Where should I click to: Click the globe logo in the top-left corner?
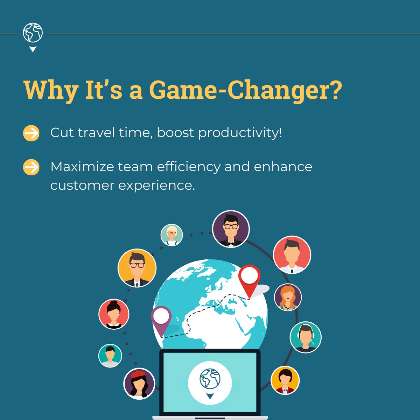point(33,33)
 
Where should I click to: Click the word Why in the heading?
point(51,90)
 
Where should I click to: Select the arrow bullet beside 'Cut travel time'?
point(31,133)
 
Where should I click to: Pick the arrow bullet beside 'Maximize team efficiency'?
point(31,167)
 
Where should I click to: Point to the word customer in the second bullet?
point(82,185)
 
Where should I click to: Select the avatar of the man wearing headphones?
point(306,337)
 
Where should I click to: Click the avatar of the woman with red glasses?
point(171,234)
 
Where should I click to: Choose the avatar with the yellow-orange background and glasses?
point(137,268)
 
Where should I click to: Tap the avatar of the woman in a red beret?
point(139,384)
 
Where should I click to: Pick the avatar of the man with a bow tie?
point(231,229)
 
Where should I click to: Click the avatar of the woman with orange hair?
point(288,297)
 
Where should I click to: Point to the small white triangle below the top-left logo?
point(33,49)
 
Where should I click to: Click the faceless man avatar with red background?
point(292,254)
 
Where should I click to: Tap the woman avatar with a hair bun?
point(114,314)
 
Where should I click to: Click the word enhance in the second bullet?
point(283,167)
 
